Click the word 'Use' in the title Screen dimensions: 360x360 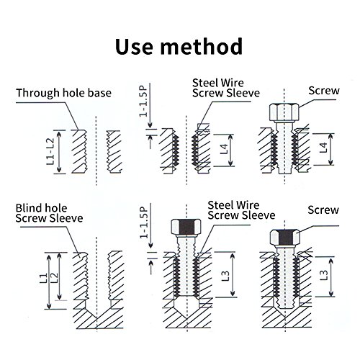[x=139, y=48]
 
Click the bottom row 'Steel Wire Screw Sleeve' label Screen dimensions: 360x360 [x=241, y=210]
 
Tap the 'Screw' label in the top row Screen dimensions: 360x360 [x=322, y=91]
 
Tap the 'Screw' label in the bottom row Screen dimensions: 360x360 [x=322, y=211]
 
